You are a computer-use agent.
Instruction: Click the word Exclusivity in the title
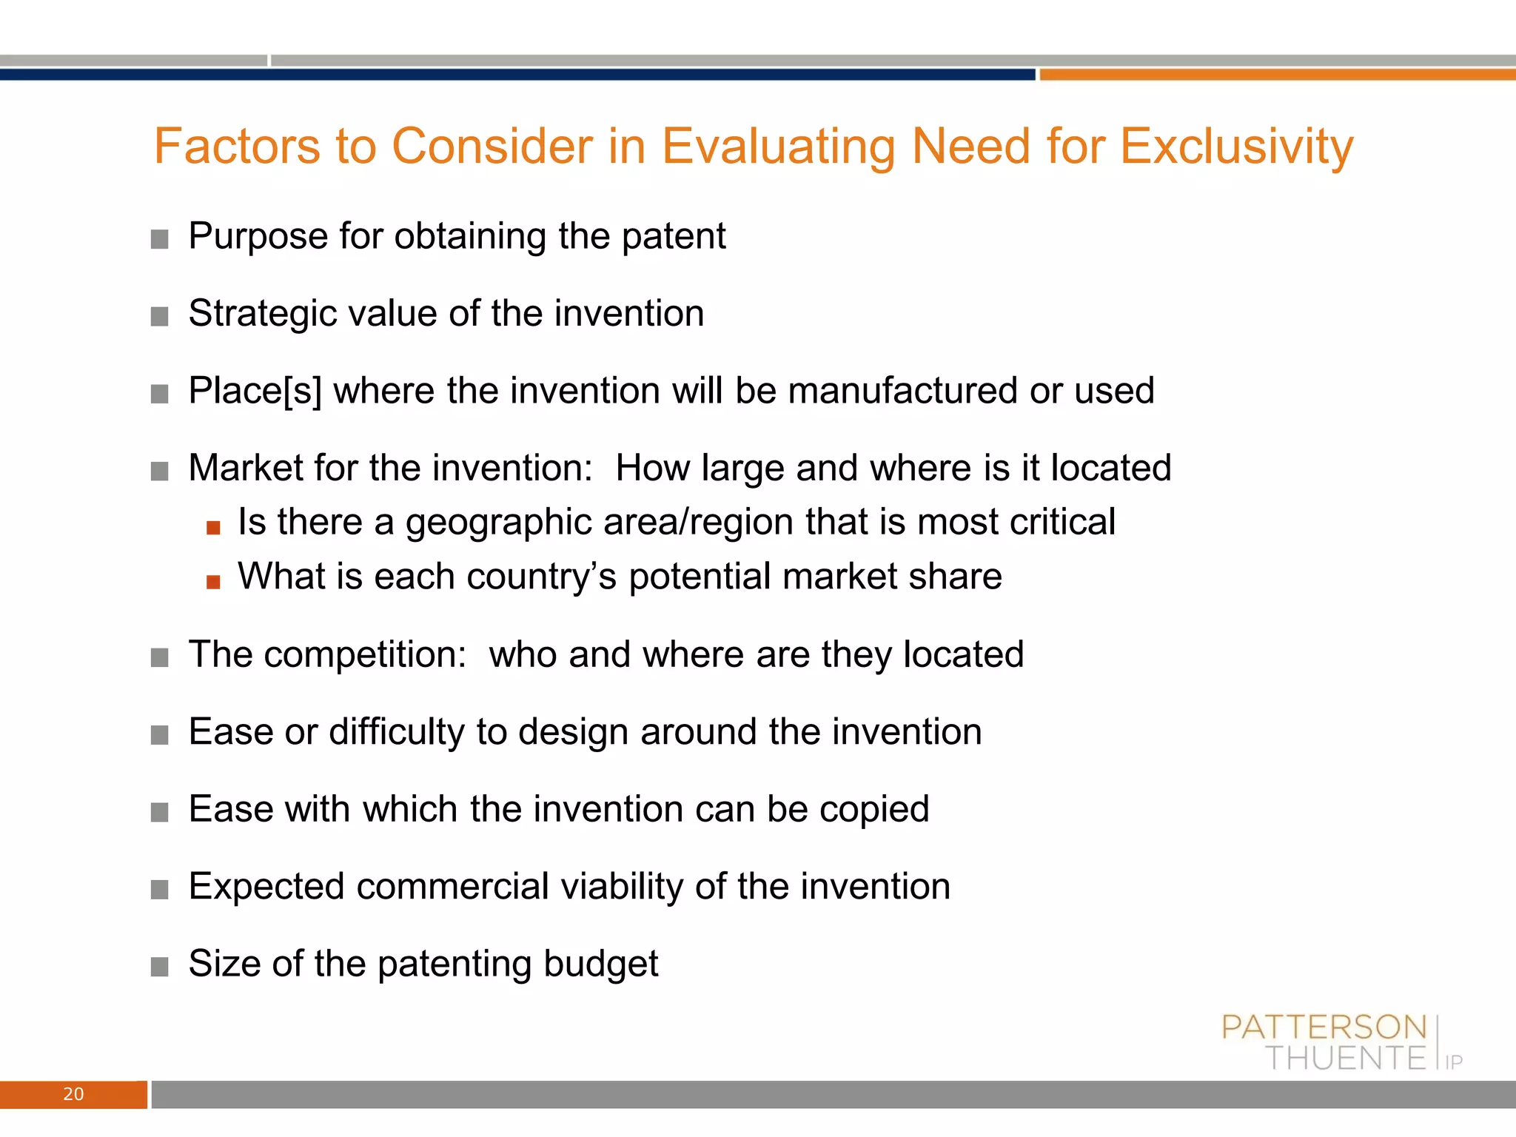(x=1236, y=147)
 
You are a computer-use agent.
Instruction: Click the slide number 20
(x=73, y=1094)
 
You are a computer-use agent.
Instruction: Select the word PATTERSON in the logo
(x=1324, y=1027)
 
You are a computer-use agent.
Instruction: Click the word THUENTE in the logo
(x=1345, y=1059)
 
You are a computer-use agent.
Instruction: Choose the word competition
(x=365, y=655)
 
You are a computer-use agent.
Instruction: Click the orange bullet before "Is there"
(x=213, y=527)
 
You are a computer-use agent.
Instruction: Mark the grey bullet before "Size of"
(x=159, y=967)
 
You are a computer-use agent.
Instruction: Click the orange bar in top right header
(x=1277, y=74)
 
